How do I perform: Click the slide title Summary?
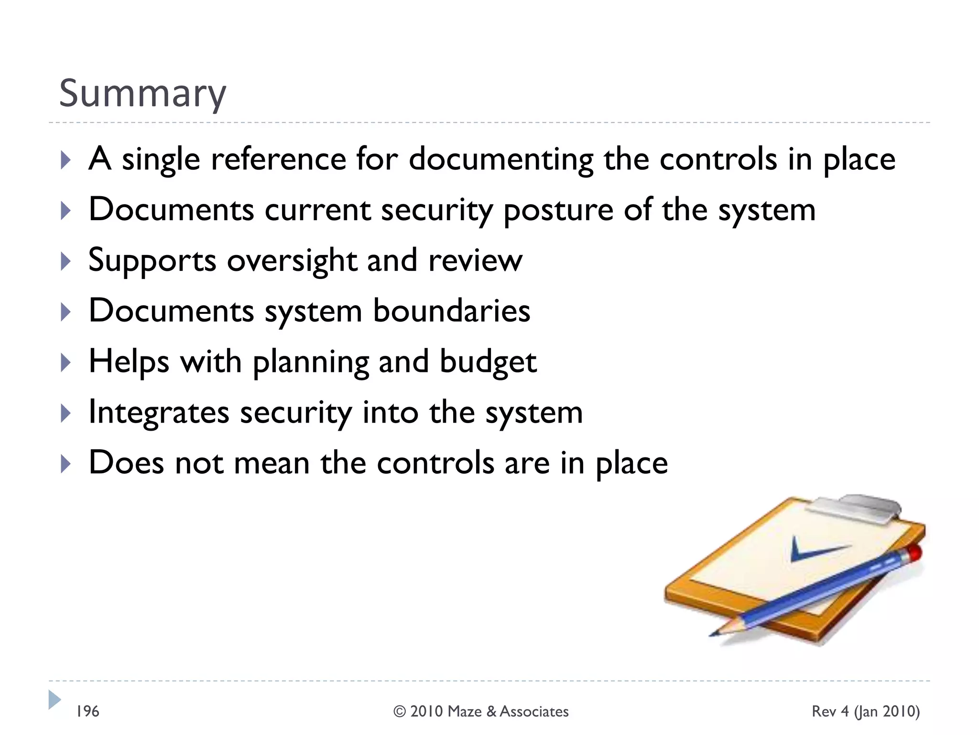click(x=142, y=93)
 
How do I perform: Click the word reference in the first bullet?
click(x=279, y=159)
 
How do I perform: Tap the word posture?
click(x=558, y=211)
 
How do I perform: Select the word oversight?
click(x=292, y=261)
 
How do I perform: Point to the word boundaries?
click(x=451, y=311)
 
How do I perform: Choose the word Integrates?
click(x=159, y=413)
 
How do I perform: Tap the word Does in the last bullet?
click(x=126, y=463)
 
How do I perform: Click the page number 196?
click(x=88, y=712)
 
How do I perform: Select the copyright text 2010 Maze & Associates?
click(x=481, y=712)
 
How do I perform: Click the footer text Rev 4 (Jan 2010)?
click(x=865, y=712)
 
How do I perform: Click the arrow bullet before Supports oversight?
click(x=66, y=261)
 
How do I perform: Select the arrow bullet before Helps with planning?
click(x=66, y=362)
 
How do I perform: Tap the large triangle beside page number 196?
click(x=54, y=700)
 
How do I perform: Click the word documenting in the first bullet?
click(x=500, y=159)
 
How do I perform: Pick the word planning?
click(x=311, y=362)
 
